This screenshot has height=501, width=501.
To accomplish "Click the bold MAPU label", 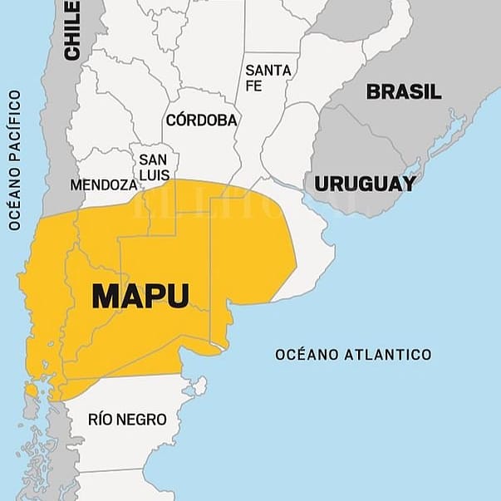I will pos(140,297).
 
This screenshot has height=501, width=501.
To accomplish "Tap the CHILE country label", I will pos(73,30).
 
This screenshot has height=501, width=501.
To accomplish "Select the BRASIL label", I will pos(404,91).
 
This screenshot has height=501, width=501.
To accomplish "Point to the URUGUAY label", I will pos(365,184).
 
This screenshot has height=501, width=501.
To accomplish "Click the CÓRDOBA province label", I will pos(202,120).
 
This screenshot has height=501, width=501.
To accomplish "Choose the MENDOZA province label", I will pos(103,184).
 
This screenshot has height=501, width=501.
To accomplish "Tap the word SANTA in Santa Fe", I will pos(268,71).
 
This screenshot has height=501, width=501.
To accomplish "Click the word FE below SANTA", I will pos(253,86).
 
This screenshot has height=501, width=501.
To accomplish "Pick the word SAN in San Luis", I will pos(152,159).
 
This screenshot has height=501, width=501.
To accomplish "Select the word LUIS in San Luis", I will pos(155,175).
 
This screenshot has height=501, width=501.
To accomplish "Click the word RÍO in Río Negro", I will pos(102,420).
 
